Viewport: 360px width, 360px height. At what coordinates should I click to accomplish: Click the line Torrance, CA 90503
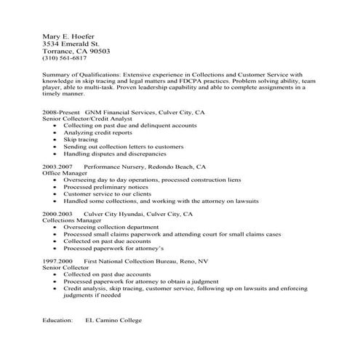76,52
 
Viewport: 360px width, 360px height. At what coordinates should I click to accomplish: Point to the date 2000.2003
57,215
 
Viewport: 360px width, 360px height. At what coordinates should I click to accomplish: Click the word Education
58,319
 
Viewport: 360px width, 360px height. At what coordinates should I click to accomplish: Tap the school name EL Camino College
113,319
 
